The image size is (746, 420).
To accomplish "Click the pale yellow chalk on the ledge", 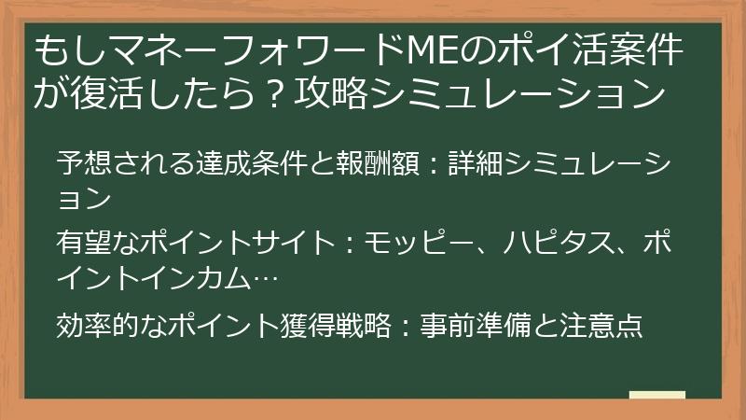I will pos(656,396).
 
